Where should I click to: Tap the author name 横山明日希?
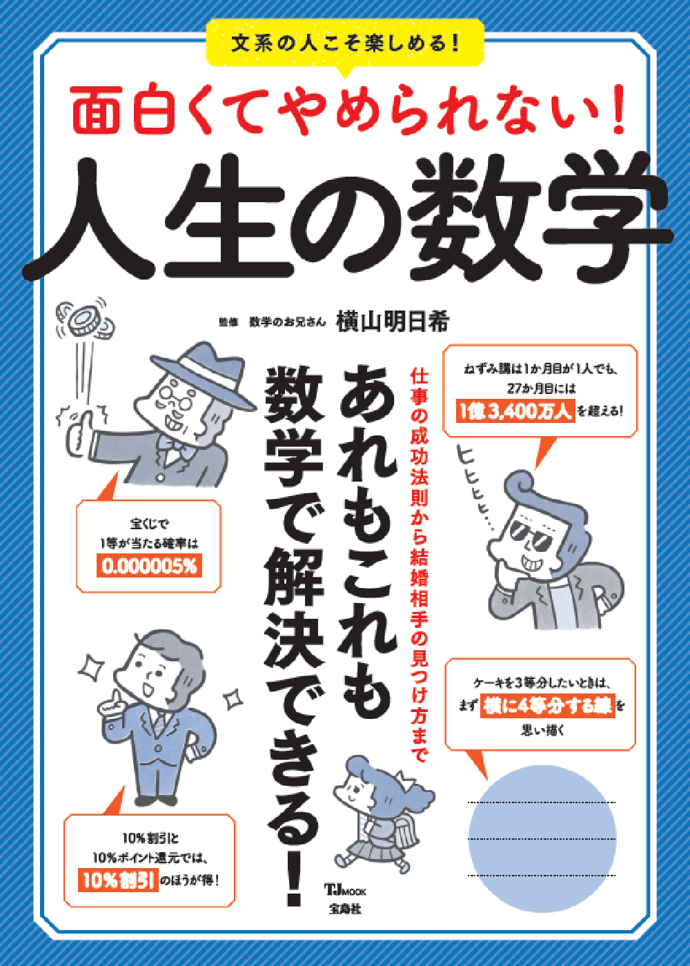pos(393,322)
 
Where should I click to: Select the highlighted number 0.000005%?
pos(149,566)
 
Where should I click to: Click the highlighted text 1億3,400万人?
pos(515,410)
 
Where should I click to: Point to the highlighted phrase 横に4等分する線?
pos(548,706)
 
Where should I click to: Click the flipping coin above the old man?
pos(84,320)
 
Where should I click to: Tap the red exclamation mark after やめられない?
pos(618,109)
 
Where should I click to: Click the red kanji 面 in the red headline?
pos(97,109)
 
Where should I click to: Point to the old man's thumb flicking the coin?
pos(80,422)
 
